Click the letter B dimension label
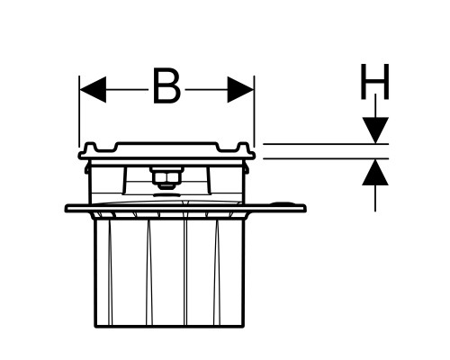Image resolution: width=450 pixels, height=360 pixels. point(166,86)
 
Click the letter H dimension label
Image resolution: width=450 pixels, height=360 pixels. point(375,81)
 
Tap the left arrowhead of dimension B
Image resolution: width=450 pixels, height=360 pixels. point(93,89)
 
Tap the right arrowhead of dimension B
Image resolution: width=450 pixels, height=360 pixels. point(241,89)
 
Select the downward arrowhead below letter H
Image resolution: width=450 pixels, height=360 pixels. point(375,130)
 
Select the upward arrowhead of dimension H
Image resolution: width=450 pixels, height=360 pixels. point(375,172)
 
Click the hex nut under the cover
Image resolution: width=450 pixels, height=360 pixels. point(166,178)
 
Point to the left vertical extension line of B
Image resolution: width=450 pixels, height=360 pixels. point(79,112)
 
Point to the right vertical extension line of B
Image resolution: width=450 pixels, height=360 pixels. point(254,112)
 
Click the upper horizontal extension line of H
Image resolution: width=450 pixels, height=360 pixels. point(326,144)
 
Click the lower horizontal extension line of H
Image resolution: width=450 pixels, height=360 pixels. point(326,158)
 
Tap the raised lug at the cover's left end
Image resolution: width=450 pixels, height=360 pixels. point(91,148)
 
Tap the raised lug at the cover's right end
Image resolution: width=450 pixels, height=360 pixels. point(243,148)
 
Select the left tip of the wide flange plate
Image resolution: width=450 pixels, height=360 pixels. point(66,208)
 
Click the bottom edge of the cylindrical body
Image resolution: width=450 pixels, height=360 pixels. point(170,327)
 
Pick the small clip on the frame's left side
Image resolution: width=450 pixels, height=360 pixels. point(87,167)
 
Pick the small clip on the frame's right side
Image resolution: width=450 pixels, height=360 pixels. point(247,167)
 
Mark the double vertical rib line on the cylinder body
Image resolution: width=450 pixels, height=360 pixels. point(185,273)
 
